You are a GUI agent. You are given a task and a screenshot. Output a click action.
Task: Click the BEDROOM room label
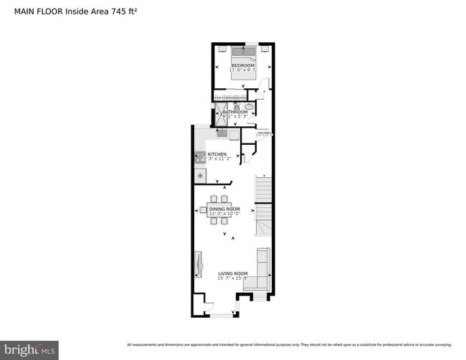pyautogui.click(x=242, y=65)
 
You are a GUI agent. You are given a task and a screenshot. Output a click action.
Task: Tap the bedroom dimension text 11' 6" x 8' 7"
pyautogui.click(x=242, y=70)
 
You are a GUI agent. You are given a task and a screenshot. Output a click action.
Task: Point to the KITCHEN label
pyautogui.click(x=217, y=154)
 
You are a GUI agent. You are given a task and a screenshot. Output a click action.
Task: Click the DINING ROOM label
pyautogui.click(x=224, y=209)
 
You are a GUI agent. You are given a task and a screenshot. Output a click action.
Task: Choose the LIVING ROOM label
pyautogui.click(x=233, y=273)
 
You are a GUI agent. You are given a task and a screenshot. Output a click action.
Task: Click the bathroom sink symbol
pyautogui.click(x=249, y=107)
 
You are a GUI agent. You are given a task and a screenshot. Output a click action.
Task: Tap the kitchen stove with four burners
pyautogui.click(x=199, y=156)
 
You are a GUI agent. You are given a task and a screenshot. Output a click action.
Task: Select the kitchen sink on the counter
pyautogui.click(x=222, y=133)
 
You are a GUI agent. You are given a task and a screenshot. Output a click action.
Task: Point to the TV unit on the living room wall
pyautogui.click(x=197, y=263)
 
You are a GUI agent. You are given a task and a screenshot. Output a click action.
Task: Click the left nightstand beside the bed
pyautogui.click(x=222, y=49)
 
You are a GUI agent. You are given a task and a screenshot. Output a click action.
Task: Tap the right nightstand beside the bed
pyautogui.click(x=265, y=49)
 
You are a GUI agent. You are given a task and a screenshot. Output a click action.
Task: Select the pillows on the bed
pyautogui.click(x=243, y=52)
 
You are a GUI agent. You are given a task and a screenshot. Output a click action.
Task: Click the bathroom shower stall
pyautogui.click(x=222, y=113)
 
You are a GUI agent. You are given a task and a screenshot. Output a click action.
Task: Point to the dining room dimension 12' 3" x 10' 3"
pyautogui.click(x=224, y=214)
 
